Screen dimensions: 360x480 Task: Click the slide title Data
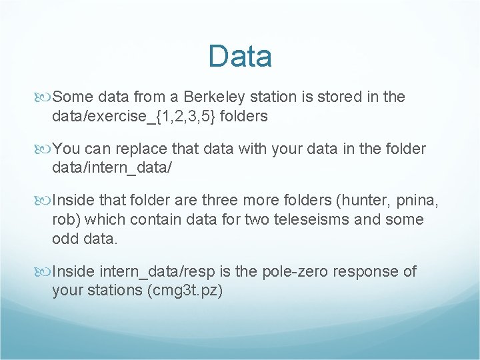point(239,57)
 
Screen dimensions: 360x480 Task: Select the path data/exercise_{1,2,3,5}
point(133,117)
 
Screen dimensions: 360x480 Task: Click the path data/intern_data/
point(112,168)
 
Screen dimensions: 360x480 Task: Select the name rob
point(63,219)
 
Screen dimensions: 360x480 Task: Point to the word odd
point(66,239)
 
